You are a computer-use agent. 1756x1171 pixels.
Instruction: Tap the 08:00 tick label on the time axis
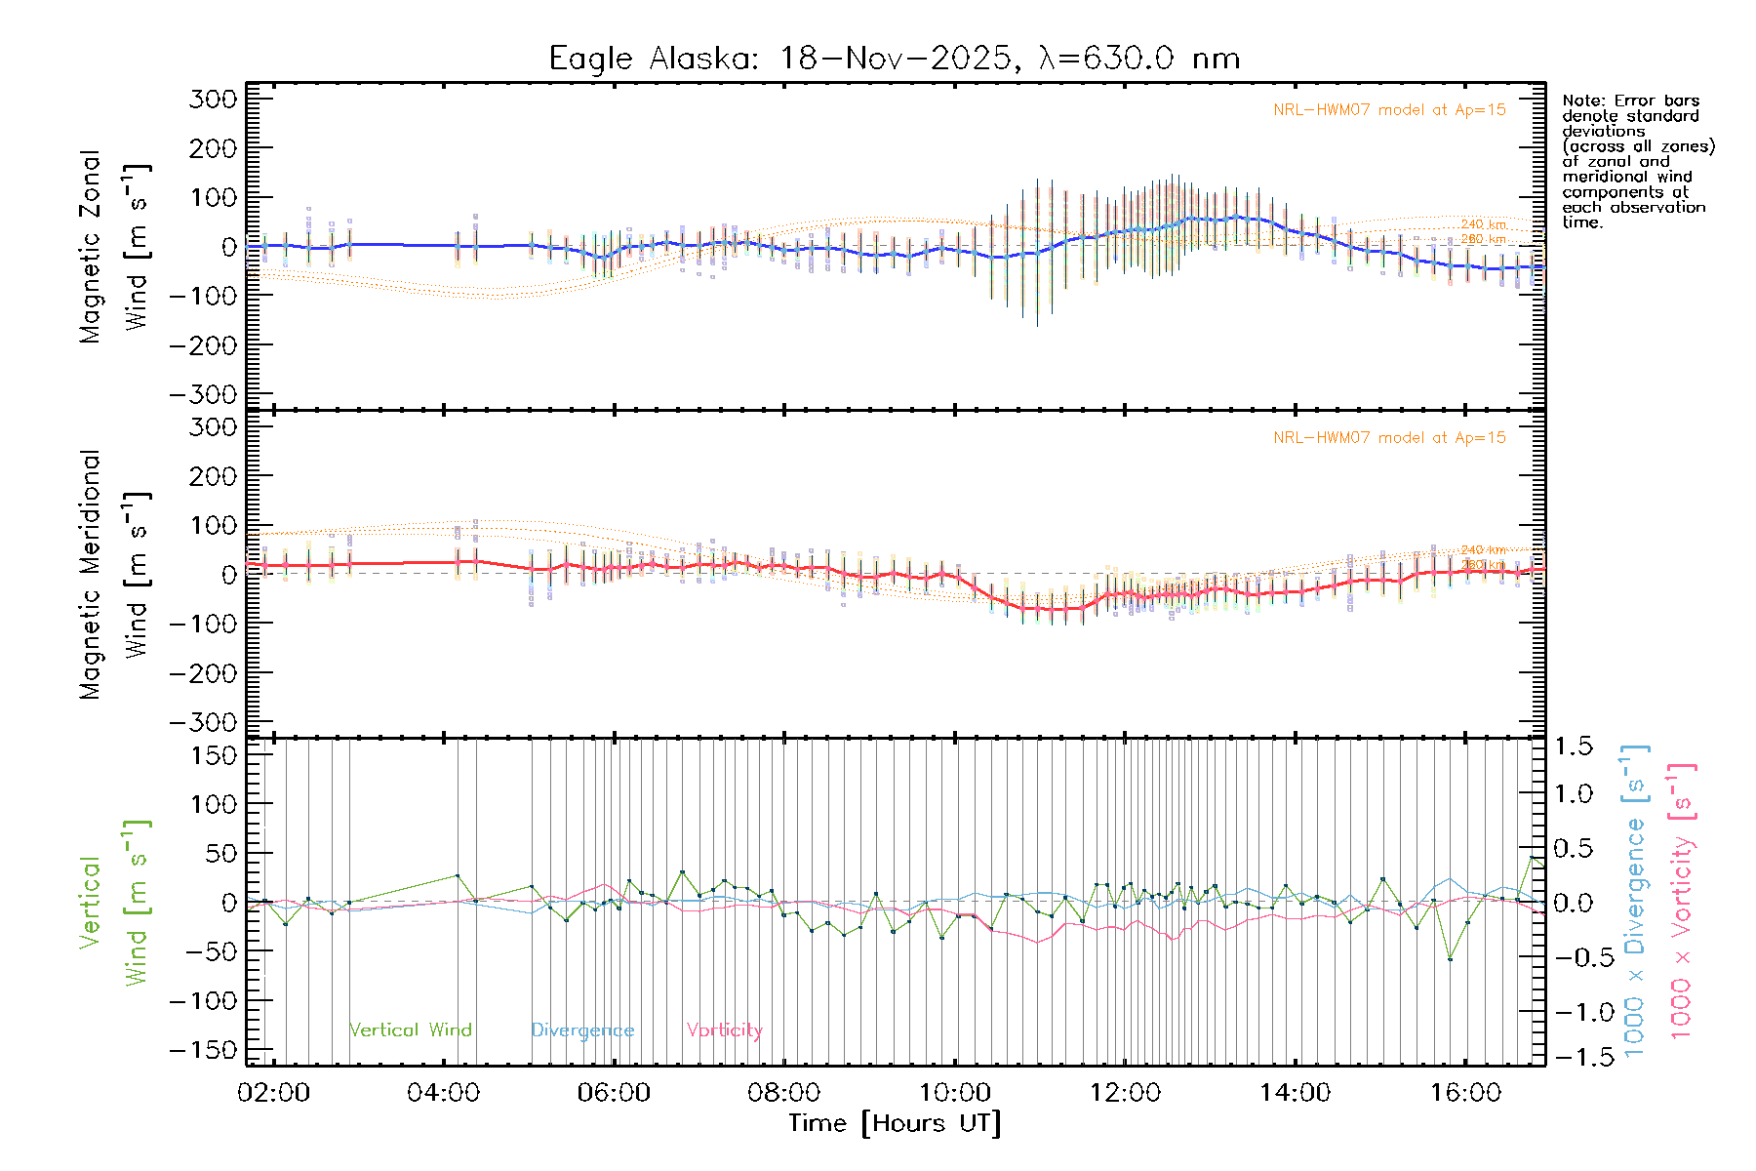(x=784, y=1093)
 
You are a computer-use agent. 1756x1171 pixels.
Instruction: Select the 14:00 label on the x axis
(x=1295, y=1093)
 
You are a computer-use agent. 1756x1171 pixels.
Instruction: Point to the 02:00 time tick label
(x=273, y=1093)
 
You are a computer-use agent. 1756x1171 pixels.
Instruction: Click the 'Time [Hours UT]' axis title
(x=894, y=1123)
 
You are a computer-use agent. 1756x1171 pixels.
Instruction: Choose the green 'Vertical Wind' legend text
(x=410, y=1030)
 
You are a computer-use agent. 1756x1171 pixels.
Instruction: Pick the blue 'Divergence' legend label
(x=582, y=1030)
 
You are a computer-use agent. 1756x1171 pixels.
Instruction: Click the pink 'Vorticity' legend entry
(x=724, y=1030)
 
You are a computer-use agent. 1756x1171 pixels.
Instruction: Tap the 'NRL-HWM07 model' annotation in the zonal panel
(x=1389, y=110)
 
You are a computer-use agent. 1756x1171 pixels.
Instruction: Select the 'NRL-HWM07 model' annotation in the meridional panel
(x=1389, y=438)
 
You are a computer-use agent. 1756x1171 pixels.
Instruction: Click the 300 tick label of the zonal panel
(x=213, y=100)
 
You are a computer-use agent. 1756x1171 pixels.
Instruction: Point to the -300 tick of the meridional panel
(x=203, y=723)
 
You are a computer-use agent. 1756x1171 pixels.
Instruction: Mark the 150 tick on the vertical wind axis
(x=213, y=755)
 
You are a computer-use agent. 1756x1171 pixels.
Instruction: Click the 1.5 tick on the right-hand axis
(x=1574, y=747)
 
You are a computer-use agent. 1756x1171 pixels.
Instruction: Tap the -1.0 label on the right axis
(x=1574, y=1012)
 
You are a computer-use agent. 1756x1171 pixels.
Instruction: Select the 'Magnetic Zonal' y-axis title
(x=91, y=247)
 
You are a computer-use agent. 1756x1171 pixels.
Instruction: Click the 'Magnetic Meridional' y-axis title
(x=91, y=575)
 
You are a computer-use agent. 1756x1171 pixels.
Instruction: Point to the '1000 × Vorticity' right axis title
(x=1682, y=901)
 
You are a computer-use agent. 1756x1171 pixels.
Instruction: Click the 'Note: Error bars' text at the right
(x=1630, y=101)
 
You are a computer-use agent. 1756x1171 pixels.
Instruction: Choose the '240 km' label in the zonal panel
(x=1483, y=225)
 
